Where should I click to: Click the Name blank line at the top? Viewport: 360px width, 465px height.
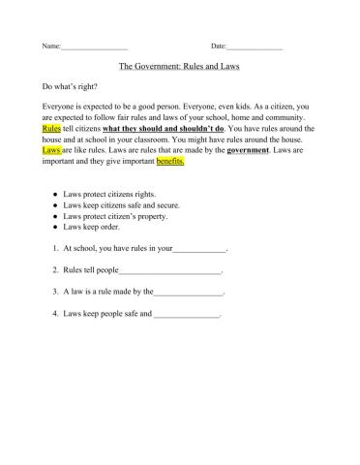coord(94,47)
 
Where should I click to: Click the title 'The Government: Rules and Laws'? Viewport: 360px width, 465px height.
coord(179,68)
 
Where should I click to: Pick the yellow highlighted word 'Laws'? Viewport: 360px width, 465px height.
coord(52,151)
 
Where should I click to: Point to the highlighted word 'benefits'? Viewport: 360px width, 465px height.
coord(169,162)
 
